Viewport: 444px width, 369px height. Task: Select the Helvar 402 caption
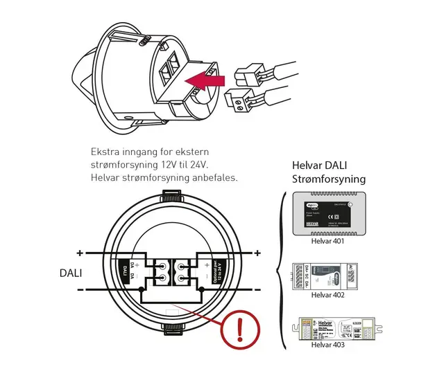pos(328,295)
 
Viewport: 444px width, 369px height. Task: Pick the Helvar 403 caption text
pos(328,344)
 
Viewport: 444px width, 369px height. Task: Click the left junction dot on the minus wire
pos(142,289)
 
